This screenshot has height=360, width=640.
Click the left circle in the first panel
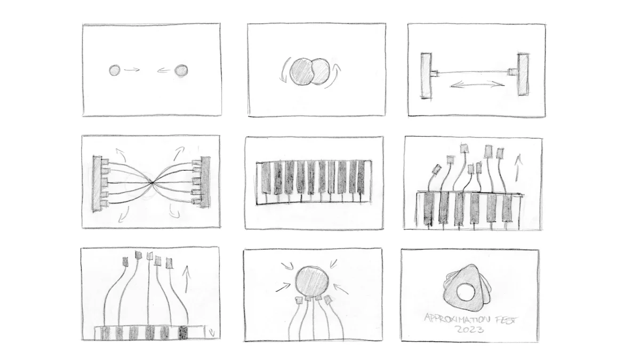coord(115,70)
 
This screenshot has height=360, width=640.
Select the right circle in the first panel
coord(181,70)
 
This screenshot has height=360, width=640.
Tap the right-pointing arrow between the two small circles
coord(132,69)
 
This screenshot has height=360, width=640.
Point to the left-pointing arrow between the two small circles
coord(164,70)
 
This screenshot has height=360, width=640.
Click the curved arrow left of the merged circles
coord(283,71)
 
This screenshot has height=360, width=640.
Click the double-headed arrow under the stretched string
coord(477,84)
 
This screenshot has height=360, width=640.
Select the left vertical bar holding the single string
coord(426,75)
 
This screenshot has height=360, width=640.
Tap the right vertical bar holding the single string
coord(523,74)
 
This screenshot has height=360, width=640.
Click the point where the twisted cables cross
coord(153,182)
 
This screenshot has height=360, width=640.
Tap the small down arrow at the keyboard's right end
coord(211,332)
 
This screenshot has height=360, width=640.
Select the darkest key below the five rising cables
coord(183,333)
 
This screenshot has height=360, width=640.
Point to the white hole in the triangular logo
coord(466,292)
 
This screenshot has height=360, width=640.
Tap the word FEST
coord(506,319)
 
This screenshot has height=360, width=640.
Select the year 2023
coord(470,330)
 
